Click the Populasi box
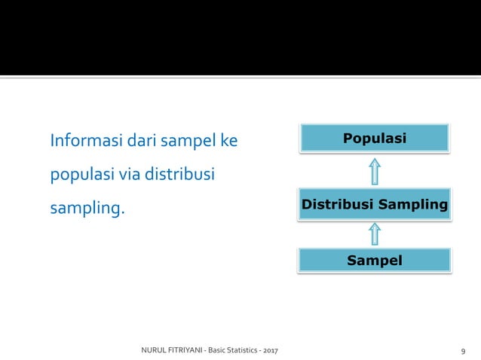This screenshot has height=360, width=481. pyautogui.click(x=375, y=139)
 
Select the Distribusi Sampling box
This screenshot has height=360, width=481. pyautogui.click(x=375, y=204)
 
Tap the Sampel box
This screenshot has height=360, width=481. pyautogui.click(x=375, y=261)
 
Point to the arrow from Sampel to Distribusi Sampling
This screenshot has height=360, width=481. pyautogui.click(x=375, y=233)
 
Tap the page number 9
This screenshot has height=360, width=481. pyautogui.click(x=462, y=352)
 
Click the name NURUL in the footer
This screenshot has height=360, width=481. pyautogui.click(x=155, y=351)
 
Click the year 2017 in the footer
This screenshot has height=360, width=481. pyautogui.click(x=266, y=351)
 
